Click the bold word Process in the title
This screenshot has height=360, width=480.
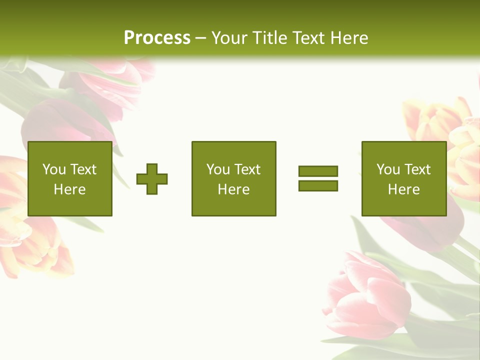[157, 38]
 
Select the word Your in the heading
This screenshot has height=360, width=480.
[230, 38]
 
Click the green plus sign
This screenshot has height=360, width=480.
[152, 179]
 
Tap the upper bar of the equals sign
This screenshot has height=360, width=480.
[318, 171]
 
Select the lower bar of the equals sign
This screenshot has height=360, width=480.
[318, 185]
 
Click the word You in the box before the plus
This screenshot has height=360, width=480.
[54, 169]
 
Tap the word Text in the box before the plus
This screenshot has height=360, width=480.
[83, 169]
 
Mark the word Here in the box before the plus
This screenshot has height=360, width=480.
[69, 189]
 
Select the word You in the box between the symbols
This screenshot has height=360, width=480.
[218, 169]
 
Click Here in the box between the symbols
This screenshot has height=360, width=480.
[233, 189]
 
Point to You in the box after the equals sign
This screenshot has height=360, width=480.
[388, 169]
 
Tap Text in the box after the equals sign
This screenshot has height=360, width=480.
[417, 169]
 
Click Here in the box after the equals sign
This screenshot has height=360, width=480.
[403, 189]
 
